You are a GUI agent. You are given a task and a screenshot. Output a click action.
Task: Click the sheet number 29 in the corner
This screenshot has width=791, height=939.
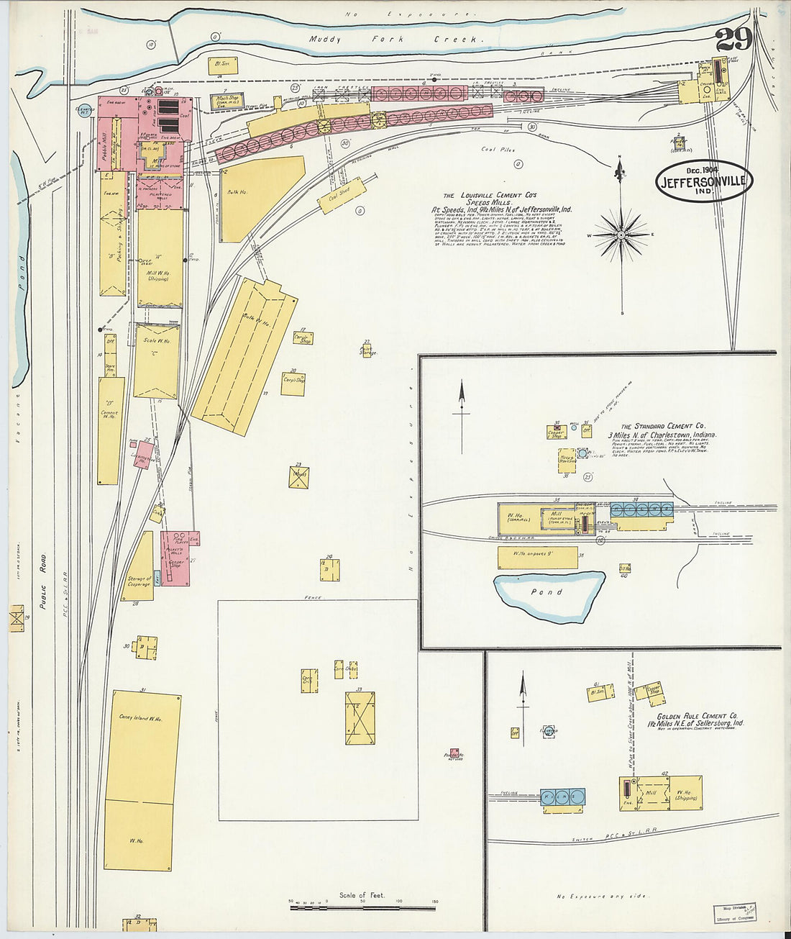click(x=733, y=40)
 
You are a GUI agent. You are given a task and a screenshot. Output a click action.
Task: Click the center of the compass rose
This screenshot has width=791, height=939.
click(x=621, y=235)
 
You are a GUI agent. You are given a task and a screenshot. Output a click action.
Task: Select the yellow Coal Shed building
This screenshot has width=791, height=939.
click(x=343, y=195)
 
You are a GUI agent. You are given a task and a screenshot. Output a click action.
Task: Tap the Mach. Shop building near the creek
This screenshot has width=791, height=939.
click(x=228, y=102)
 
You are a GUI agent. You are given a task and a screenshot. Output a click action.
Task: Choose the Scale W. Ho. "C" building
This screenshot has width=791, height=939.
click(x=156, y=361)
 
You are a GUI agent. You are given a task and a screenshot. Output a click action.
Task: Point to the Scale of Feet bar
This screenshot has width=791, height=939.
click(x=363, y=907)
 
